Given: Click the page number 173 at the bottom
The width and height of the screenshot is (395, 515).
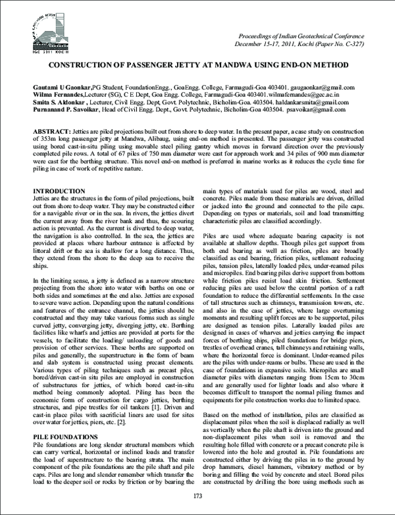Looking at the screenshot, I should coord(197,495).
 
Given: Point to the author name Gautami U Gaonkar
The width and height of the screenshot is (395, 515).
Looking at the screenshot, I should coord(62,87).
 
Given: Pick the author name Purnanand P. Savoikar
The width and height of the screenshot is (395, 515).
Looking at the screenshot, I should coord(66,111).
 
